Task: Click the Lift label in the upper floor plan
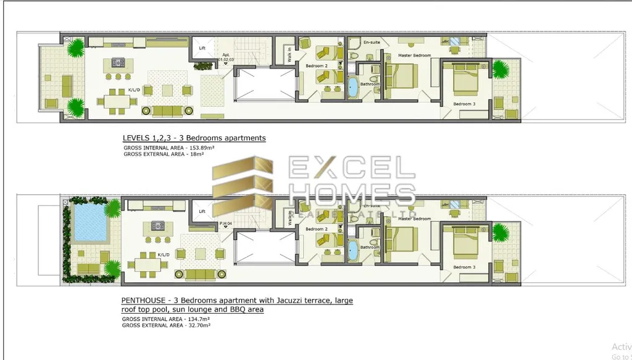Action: (x=202, y=47)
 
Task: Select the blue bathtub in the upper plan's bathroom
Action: (x=353, y=87)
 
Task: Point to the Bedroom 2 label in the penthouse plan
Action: (x=318, y=229)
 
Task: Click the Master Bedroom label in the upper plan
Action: (x=414, y=56)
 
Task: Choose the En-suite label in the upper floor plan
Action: (x=372, y=42)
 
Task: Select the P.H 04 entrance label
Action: (x=225, y=223)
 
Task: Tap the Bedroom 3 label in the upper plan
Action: (x=464, y=104)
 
